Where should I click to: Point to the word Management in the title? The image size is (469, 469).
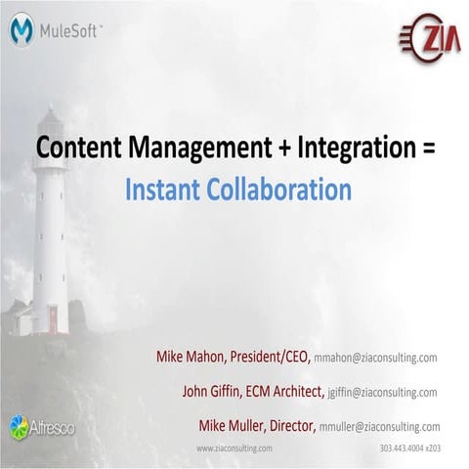pos(190,150)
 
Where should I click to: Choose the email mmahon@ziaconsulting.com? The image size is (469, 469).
pos(375,359)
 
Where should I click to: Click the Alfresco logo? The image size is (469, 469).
pos(34,426)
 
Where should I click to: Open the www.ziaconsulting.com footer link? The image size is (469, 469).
pos(234,448)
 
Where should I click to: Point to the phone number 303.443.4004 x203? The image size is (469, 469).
pos(409,448)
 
